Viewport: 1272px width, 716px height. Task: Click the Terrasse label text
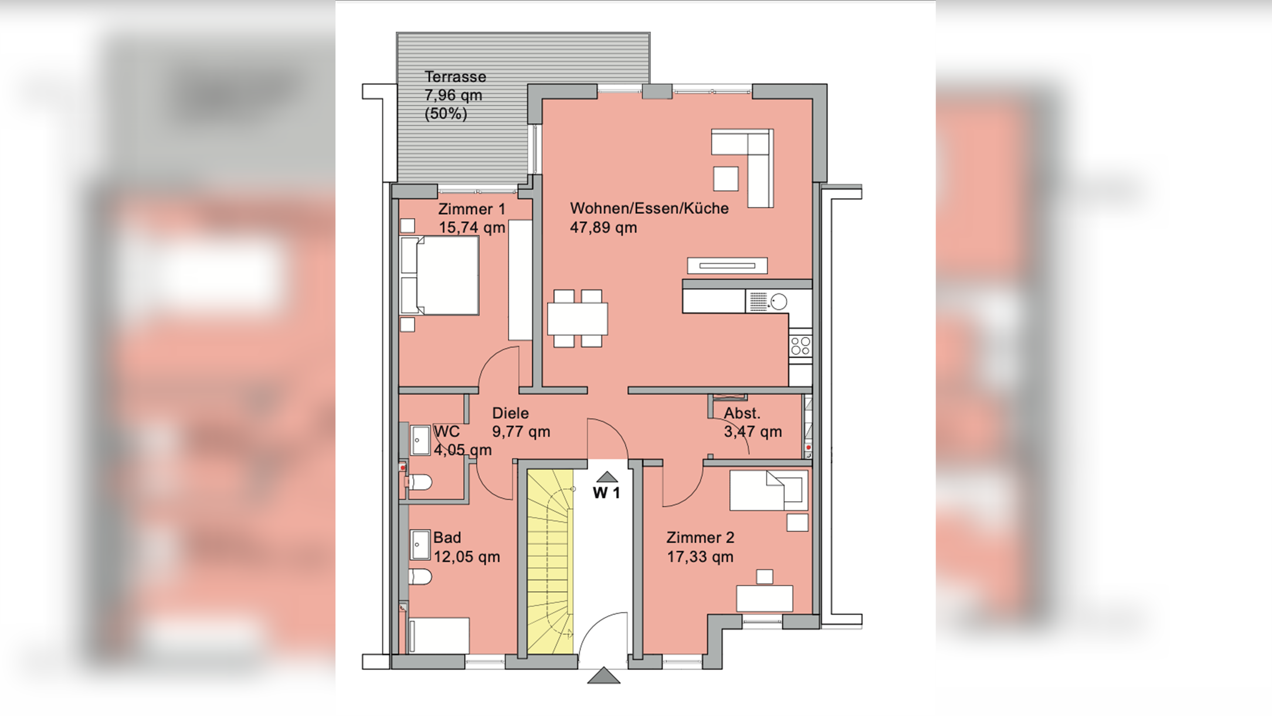pyautogui.click(x=455, y=77)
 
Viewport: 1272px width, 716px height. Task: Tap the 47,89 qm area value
pyautogui.click(x=603, y=228)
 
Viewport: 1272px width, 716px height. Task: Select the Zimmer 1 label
pyautogui.click(x=472, y=209)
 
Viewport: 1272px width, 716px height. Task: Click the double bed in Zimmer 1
pyautogui.click(x=439, y=275)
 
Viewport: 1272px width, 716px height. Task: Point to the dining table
pyautogui.click(x=578, y=318)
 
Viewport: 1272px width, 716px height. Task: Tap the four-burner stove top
pyautogui.click(x=800, y=346)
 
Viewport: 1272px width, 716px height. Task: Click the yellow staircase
pyautogui.click(x=550, y=561)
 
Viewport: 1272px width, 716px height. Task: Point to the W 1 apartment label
pyautogui.click(x=606, y=493)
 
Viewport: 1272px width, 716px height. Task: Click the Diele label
pyautogui.click(x=510, y=413)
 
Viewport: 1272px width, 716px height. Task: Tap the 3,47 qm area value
pyautogui.click(x=753, y=432)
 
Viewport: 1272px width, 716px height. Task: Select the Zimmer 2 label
pyautogui.click(x=700, y=538)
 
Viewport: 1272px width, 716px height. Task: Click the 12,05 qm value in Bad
pyautogui.click(x=467, y=557)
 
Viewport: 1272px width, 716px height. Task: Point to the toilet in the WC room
pyautogui.click(x=419, y=483)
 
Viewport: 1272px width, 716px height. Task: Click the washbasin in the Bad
pyautogui.click(x=420, y=545)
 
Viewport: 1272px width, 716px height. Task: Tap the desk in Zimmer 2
pyautogui.click(x=765, y=599)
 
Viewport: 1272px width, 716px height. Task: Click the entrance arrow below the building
pyautogui.click(x=603, y=676)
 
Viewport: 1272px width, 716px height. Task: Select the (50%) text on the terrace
pyautogui.click(x=446, y=114)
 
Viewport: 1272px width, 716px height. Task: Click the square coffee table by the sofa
pyautogui.click(x=725, y=179)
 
